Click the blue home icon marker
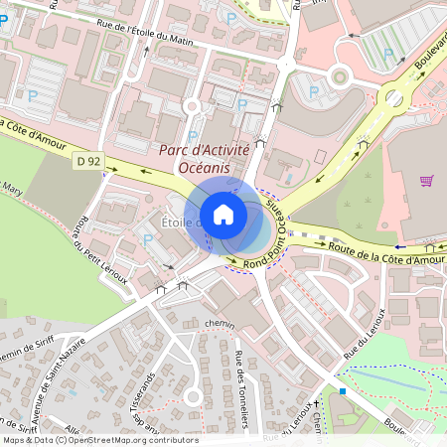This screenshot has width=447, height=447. [x=223, y=215]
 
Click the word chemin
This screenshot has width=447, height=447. [x=219, y=324]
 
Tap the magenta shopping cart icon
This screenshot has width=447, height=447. [x=427, y=181]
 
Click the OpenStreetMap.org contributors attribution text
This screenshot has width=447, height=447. [x=136, y=440]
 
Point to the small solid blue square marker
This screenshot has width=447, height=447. [x=343, y=391]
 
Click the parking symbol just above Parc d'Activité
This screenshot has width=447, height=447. [x=193, y=136]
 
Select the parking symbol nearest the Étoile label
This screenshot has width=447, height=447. [x=148, y=239]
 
